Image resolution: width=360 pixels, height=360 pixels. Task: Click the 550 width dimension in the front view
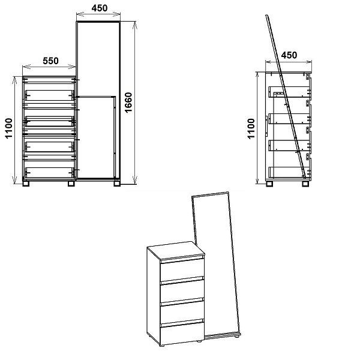(x=50, y=61)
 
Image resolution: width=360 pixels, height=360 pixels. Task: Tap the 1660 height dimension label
(x=128, y=103)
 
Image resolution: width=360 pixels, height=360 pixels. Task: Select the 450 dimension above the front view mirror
(x=100, y=8)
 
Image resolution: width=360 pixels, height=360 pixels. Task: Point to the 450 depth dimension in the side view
(x=289, y=55)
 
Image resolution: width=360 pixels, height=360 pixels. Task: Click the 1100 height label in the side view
(x=251, y=128)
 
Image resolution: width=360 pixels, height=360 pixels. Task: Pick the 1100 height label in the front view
(x=8, y=128)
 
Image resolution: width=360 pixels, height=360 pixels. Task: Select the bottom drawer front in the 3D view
(x=182, y=334)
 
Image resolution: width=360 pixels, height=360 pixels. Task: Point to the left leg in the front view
(x=25, y=184)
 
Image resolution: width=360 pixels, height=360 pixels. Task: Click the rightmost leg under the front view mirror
(x=117, y=184)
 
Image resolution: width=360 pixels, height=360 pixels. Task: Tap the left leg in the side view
(x=269, y=184)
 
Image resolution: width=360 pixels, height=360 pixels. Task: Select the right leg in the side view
(x=305, y=184)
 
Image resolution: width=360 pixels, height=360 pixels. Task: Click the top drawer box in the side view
(x=290, y=92)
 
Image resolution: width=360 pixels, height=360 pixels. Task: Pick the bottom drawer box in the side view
(x=290, y=172)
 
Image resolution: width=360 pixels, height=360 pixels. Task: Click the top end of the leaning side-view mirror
(x=267, y=16)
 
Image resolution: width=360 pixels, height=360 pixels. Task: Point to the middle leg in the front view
(x=71, y=184)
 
